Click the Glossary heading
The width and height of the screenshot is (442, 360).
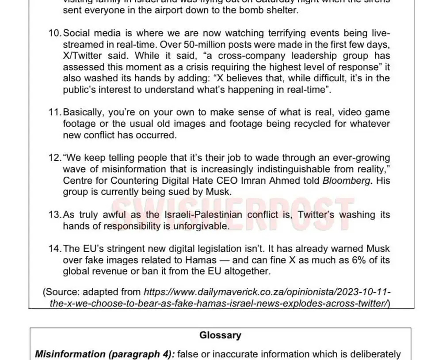220,335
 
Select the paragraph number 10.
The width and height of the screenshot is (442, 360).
55,34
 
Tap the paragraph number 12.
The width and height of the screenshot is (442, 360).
55,158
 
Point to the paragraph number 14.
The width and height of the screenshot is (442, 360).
55,249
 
